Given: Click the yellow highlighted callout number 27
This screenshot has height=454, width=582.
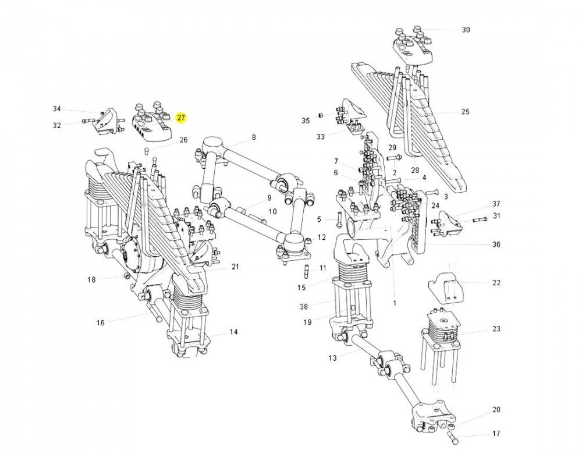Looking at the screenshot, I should click(181, 118).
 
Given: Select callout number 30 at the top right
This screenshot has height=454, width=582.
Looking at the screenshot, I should click(466, 30).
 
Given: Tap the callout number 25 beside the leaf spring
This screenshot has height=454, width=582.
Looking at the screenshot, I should click(464, 112).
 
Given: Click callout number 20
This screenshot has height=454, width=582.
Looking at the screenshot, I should click(495, 410).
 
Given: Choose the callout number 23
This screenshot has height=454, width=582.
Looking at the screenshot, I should click(495, 329).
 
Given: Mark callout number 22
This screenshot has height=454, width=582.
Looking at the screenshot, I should click(495, 283).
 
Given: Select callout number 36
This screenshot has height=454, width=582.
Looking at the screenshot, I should click(495, 244).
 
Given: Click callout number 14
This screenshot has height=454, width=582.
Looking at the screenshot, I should click(233, 332).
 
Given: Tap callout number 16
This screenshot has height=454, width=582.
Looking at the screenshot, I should click(100, 322).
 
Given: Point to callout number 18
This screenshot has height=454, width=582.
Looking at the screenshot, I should click(91, 280).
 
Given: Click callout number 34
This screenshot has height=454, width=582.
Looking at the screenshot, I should click(56, 109).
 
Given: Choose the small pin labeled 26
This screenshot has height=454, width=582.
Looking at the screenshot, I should click(147, 152).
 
